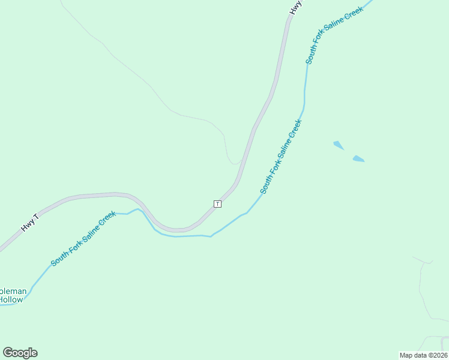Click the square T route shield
[217, 204]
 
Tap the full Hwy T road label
[30, 223]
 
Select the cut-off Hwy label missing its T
[295, 7]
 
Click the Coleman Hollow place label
[13, 295]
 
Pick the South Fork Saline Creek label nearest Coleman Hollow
[83, 239]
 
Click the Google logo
[20, 353]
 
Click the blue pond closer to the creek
[339, 145]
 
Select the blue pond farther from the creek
[358, 159]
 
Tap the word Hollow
[11, 299]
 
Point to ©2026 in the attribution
[438, 355]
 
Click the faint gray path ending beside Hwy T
[231, 158]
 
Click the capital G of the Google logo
[8, 353]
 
